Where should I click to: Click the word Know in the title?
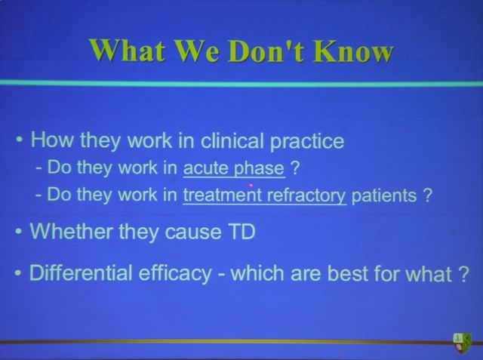coord(353,51)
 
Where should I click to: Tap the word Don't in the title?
coord(266,51)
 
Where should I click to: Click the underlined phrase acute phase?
coord(234,168)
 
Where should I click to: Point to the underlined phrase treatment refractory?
coord(265,195)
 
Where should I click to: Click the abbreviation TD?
coord(241,231)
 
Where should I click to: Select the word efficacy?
coord(174,273)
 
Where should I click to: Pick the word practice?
coord(307,142)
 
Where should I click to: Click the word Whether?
coord(70,231)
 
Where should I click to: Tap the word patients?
coord(384,196)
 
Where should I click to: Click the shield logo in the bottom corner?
coord(462,342)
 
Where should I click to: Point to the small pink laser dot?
coord(251,186)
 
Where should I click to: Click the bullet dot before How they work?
coord(20,140)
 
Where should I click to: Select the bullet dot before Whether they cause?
coord(18,232)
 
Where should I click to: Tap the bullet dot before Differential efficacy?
coord(18,273)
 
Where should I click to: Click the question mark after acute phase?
coord(295,168)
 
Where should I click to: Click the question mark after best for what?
coord(463,273)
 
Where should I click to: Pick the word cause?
coord(193,232)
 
